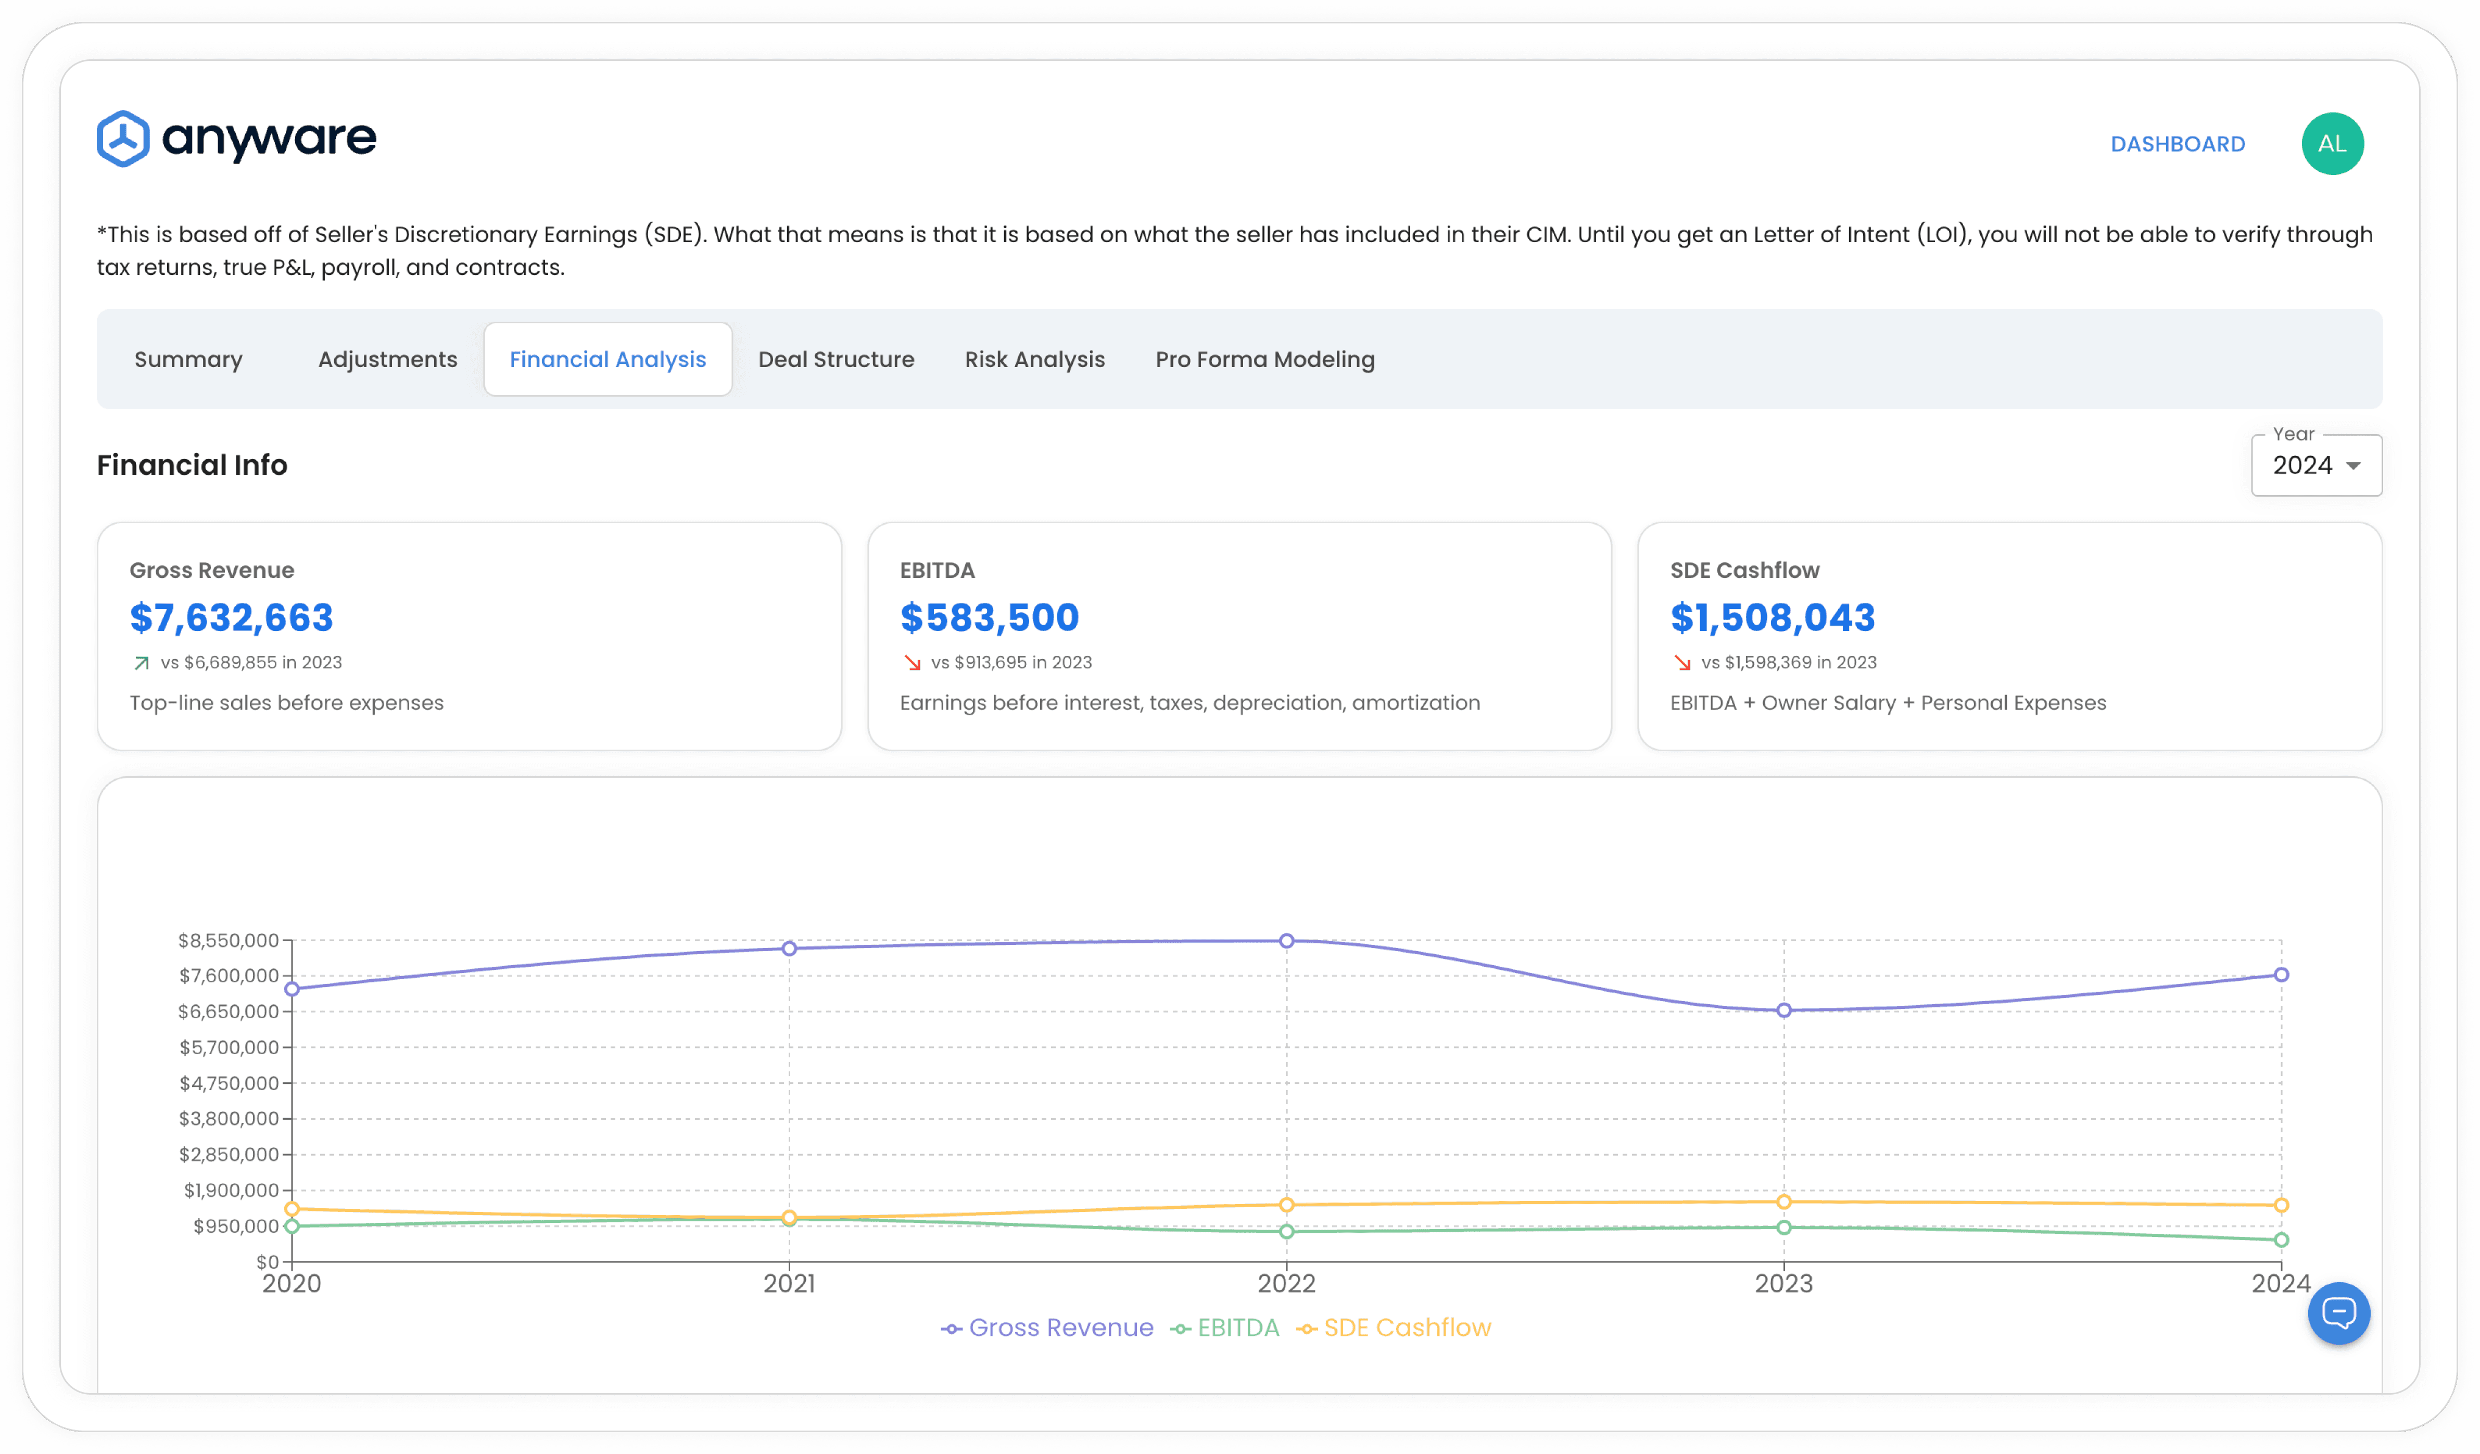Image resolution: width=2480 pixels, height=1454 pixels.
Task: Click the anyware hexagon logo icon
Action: tap(123, 139)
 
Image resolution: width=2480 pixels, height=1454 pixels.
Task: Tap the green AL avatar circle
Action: tap(2332, 144)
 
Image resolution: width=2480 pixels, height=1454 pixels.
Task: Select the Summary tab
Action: tap(188, 359)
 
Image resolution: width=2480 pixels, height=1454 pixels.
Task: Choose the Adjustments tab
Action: tap(388, 359)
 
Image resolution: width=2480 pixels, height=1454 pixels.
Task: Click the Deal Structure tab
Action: tap(836, 359)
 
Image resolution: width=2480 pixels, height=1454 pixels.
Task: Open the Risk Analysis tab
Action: tap(1034, 359)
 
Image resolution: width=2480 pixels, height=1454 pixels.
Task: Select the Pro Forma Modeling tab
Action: tap(1264, 359)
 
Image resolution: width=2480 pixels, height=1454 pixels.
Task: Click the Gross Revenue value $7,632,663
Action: tap(231, 617)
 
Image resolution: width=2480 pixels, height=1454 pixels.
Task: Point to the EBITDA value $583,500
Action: tap(989, 617)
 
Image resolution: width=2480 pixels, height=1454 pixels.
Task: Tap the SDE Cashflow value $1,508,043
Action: tap(1773, 617)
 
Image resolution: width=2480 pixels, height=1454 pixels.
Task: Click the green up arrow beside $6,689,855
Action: tap(142, 663)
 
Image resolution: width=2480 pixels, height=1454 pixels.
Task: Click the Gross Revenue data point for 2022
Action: tap(1286, 941)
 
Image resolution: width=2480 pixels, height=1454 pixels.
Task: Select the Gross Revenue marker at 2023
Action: tap(1783, 1010)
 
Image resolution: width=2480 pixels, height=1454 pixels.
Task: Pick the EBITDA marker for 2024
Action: tap(2281, 1241)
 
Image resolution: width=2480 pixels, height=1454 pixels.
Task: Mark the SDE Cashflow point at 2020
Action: tap(292, 1209)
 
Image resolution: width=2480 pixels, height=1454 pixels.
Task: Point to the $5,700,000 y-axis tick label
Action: tap(229, 1047)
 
